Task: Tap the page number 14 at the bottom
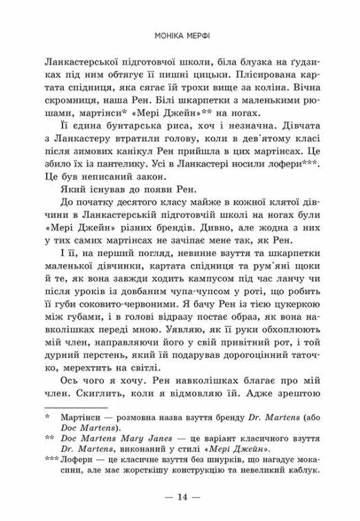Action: tap(180, 496)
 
